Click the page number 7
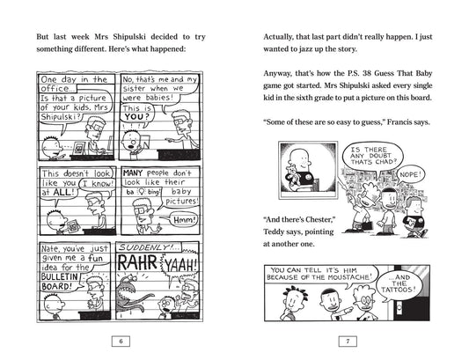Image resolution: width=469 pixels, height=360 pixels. pyautogui.click(x=350, y=341)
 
